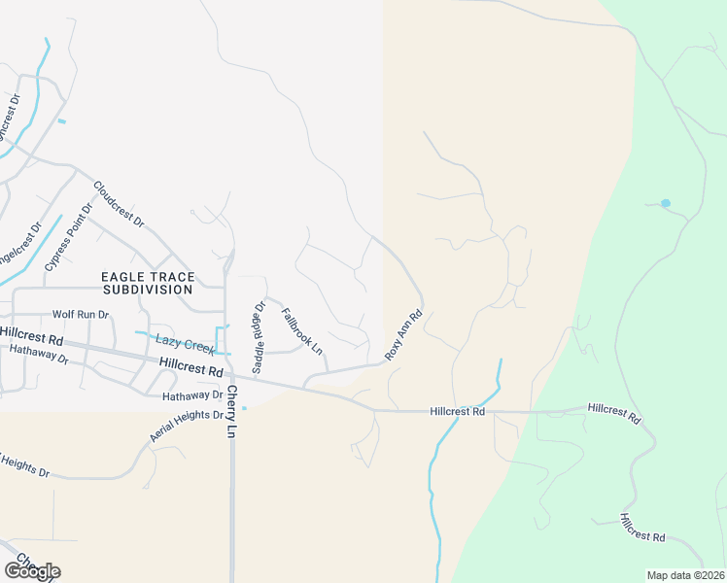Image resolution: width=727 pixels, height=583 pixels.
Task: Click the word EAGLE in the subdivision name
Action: (x=121, y=277)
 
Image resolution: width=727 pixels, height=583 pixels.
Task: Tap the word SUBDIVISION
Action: (x=148, y=290)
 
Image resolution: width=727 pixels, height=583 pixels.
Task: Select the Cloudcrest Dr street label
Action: (x=119, y=204)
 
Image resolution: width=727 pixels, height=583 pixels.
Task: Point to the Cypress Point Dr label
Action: (x=67, y=237)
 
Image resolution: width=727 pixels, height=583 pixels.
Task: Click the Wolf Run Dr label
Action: (x=81, y=315)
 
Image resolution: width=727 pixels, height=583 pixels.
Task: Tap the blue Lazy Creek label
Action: (x=184, y=345)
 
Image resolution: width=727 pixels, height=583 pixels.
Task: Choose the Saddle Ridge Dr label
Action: (x=259, y=337)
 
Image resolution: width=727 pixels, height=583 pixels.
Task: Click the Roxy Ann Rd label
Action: (x=403, y=335)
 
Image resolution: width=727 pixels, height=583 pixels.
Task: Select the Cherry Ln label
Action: (x=232, y=410)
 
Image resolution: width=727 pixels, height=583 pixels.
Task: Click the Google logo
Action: (x=32, y=570)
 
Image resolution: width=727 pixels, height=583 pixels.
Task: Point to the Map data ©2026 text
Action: (x=685, y=575)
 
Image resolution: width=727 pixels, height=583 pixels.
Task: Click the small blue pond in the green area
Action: (x=665, y=203)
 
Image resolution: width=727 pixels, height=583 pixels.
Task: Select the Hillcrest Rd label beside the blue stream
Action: (x=457, y=412)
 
